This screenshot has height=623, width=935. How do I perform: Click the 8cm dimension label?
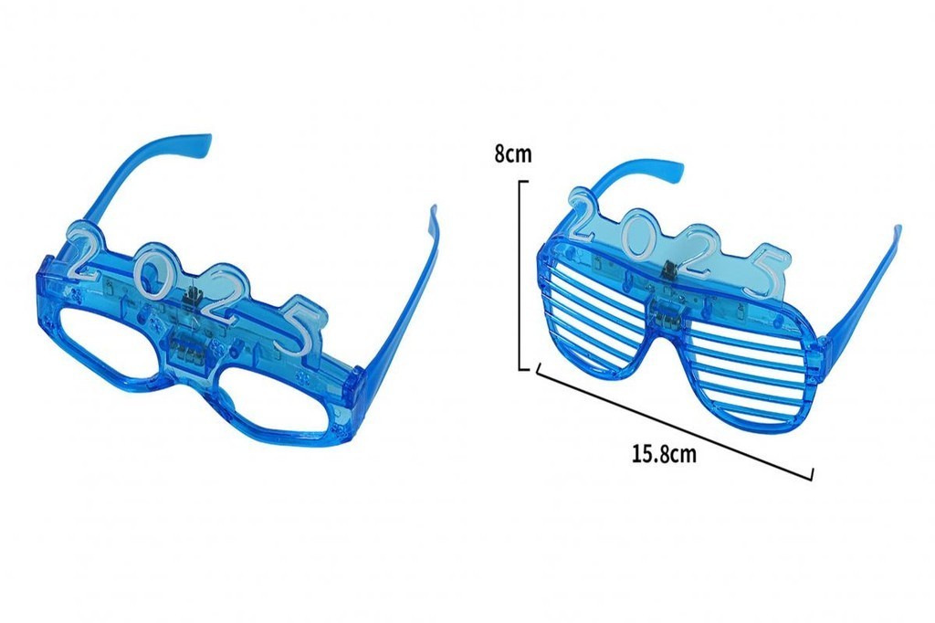[512, 154]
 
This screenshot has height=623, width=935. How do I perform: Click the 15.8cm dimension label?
[664, 454]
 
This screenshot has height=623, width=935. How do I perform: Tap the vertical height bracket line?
[521, 275]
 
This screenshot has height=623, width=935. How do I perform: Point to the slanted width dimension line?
[675, 421]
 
